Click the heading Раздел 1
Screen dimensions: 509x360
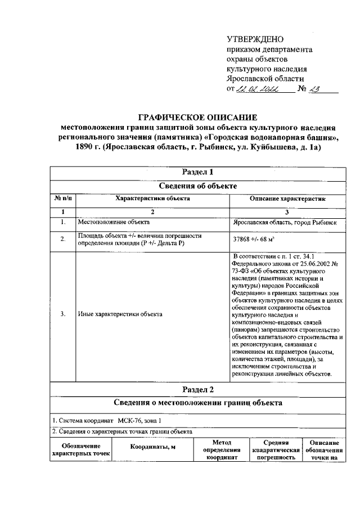pos(199,172)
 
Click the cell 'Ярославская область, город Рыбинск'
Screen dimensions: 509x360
pos(285,223)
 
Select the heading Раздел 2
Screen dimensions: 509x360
pos(199,389)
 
